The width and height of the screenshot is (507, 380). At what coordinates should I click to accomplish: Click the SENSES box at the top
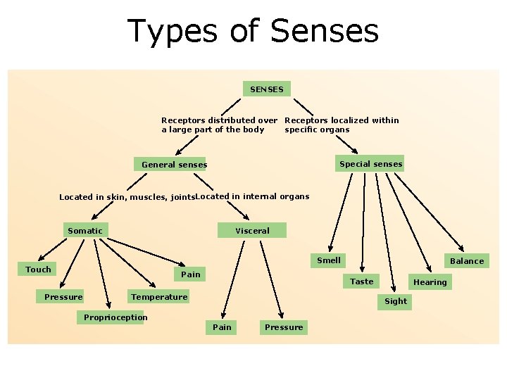click(x=267, y=89)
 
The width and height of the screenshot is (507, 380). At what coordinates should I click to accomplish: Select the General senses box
click(x=174, y=165)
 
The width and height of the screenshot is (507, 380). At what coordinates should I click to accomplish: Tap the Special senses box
click(x=370, y=164)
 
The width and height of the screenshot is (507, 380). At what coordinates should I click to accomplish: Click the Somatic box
click(x=84, y=231)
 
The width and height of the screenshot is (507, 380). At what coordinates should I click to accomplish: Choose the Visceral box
click(x=252, y=231)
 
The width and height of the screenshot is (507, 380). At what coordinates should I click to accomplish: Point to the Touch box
click(x=38, y=270)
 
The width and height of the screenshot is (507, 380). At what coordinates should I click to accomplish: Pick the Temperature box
click(x=159, y=297)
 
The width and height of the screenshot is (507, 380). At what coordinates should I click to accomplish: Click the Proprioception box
click(x=115, y=317)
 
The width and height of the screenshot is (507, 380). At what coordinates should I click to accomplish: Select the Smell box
click(x=329, y=260)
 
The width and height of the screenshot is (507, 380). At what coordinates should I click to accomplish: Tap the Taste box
click(x=362, y=281)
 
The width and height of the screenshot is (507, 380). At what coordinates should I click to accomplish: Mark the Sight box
click(x=396, y=301)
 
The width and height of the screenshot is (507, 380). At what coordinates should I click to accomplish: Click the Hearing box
click(x=430, y=282)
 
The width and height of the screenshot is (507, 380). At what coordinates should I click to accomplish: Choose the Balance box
click(x=467, y=261)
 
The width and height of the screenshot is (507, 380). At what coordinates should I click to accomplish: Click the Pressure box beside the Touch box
click(x=63, y=297)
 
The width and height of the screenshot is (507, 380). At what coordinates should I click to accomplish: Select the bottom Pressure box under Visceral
click(x=284, y=327)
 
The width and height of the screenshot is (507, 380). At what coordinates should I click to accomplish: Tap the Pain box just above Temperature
click(x=191, y=274)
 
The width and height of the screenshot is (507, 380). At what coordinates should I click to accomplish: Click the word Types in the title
click(x=172, y=31)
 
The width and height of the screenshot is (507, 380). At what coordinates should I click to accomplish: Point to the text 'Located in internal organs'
click(x=252, y=196)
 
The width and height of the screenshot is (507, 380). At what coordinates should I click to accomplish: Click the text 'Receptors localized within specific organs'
click(x=342, y=125)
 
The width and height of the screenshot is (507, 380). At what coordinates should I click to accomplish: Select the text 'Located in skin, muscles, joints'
click(x=126, y=198)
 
